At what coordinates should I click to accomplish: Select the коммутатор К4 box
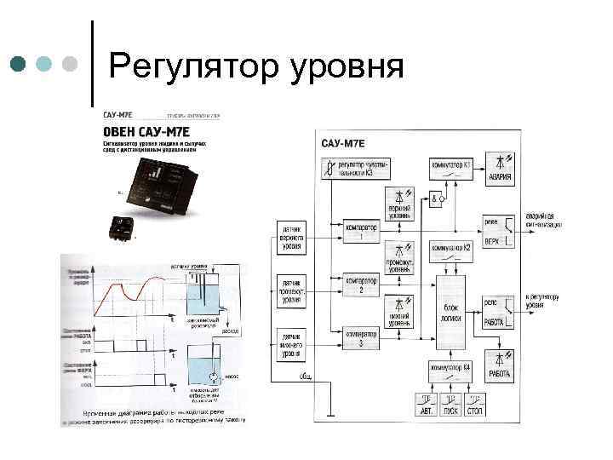click(450, 371)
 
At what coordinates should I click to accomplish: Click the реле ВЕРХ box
click(497, 230)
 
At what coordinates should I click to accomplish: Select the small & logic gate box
click(436, 200)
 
